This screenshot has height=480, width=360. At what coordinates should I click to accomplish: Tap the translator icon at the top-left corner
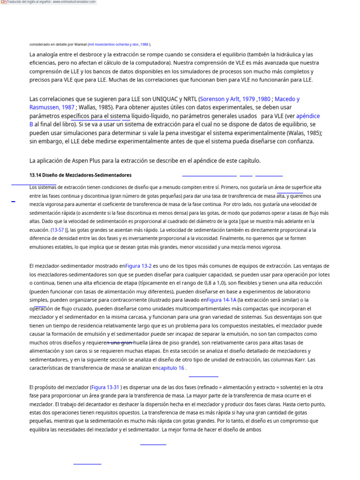[x=3, y=2]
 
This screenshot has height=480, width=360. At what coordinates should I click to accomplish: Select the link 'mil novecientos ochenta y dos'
[x=113, y=45]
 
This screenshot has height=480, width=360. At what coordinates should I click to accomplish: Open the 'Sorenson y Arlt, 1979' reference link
[x=228, y=99]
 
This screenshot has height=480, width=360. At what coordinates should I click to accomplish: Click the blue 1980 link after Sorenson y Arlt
[x=264, y=99]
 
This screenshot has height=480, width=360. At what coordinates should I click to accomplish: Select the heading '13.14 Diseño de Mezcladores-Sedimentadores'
[x=80, y=175]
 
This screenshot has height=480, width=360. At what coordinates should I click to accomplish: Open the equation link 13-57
[x=59, y=230]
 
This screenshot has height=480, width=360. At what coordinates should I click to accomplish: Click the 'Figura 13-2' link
[x=138, y=266]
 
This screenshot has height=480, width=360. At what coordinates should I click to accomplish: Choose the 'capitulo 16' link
[x=172, y=368]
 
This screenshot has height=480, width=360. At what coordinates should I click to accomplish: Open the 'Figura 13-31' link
[x=105, y=388]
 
